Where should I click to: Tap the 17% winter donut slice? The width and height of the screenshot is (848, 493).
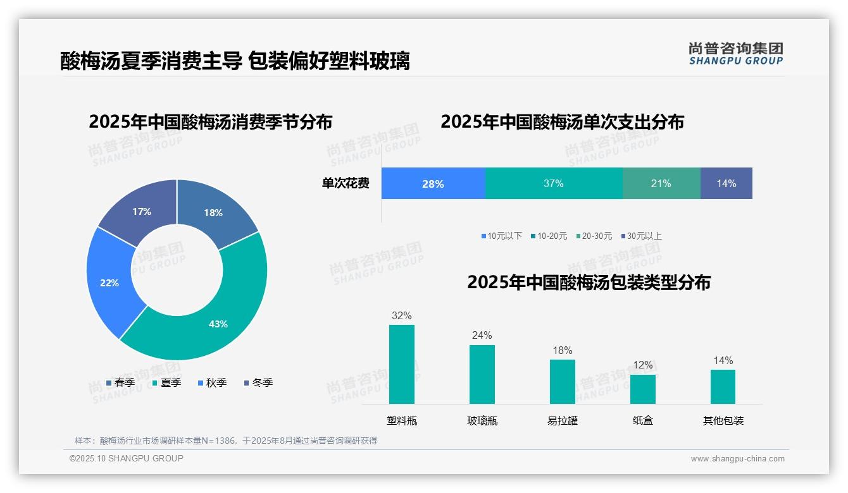coord(142,210)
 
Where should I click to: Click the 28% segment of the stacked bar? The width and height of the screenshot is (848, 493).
coord(433,183)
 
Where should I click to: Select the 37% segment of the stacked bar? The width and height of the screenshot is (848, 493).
coord(553,183)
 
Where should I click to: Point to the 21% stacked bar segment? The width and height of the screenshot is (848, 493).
coord(661,183)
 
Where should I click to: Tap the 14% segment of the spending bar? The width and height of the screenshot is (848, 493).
coord(726,183)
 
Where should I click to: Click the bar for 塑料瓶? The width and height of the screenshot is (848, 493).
coord(402,364)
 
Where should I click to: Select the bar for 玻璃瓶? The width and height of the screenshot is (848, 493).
coord(482,374)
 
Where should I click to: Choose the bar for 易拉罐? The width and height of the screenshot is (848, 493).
coord(562,381)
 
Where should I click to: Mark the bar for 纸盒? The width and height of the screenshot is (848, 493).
coord(642,389)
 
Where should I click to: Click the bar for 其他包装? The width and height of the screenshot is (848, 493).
coord(723,386)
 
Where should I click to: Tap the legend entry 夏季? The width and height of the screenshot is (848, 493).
coord(167,382)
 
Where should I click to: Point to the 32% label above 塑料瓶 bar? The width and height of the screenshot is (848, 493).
coord(401,315)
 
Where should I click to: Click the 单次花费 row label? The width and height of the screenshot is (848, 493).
coord(346,183)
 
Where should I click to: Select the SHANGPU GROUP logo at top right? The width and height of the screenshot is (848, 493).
coord(735,53)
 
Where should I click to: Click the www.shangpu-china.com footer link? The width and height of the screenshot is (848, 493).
coord(737,458)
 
